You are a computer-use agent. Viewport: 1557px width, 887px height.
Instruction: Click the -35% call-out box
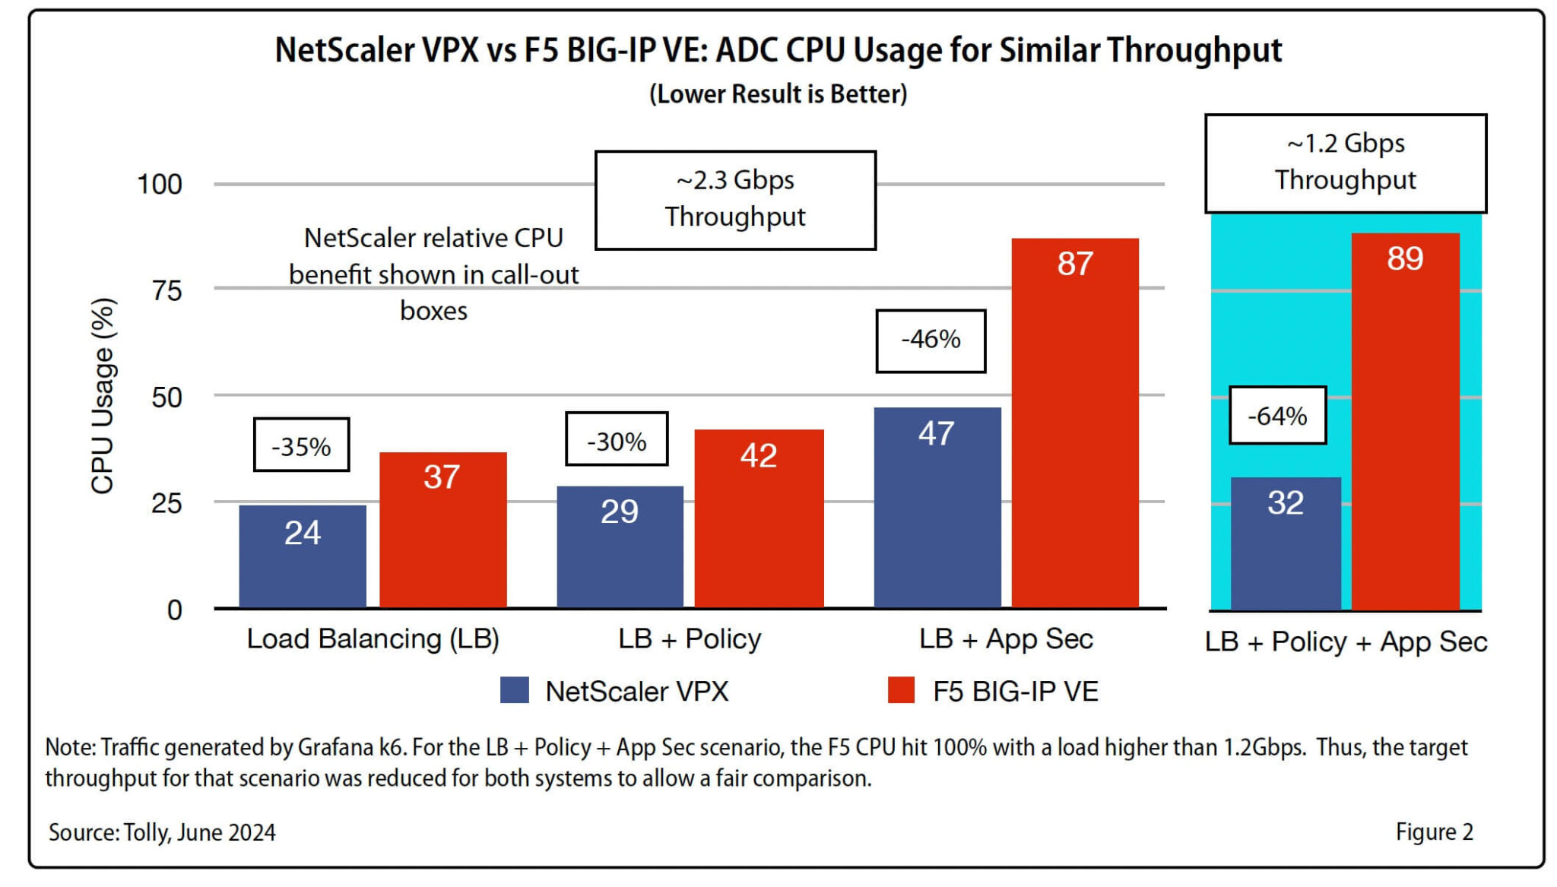point(301,445)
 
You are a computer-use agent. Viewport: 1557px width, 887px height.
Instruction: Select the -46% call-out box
point(931,341)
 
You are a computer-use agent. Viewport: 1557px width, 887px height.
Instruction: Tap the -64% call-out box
point(1277,416)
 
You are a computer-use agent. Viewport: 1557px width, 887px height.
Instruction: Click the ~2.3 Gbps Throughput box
point(735,200)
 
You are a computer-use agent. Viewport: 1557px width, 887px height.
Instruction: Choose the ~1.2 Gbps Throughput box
point(1345,163)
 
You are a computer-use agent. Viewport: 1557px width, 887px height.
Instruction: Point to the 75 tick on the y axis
point(166,290)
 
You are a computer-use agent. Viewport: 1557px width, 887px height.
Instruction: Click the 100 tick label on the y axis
point(159,184)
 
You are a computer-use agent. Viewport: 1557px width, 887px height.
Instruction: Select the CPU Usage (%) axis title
point(103,396)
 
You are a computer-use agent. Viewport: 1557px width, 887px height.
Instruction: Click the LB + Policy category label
point(690,639)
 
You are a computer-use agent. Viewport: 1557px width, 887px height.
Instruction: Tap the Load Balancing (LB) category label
point(373,639)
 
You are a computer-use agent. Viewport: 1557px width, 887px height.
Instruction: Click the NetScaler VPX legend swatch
point(515,690)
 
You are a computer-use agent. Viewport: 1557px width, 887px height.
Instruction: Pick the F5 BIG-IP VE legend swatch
point(901,690)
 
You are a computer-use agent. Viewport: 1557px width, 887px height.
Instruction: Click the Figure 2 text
point(1434,832)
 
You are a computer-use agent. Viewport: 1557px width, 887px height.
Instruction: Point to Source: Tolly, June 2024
point(162,832)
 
